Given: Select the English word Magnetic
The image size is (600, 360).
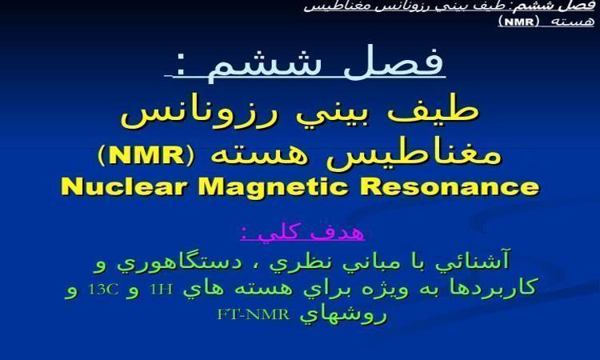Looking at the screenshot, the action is click(273, 187).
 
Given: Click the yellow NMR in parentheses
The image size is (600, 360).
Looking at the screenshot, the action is click(147, 156).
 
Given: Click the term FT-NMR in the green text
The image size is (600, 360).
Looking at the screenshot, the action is click(254, 314).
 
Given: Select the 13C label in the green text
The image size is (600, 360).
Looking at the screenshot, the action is click(103, 290).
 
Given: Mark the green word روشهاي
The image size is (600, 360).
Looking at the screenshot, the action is click(343, 315).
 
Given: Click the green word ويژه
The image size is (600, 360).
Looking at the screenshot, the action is click(386, 289).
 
